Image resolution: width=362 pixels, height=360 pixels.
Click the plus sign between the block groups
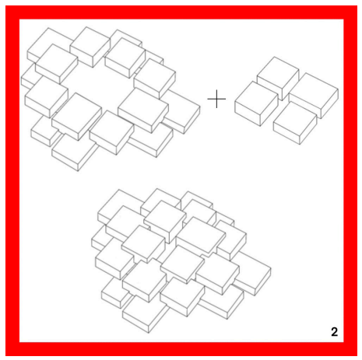point(216,99)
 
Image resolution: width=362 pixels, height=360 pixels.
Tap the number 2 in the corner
point(334,332)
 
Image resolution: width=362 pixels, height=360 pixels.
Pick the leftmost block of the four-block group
point(256,103)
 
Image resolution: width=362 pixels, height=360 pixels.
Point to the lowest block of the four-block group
point(295,123)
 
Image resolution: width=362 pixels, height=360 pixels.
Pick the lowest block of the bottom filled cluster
point(144,315)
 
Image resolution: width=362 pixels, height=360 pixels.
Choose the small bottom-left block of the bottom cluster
point(113,294)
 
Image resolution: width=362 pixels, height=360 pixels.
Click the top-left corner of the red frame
point(5,5)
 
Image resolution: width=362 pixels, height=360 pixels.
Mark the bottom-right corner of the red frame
point(357,356)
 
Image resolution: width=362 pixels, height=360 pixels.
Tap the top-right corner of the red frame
point(357,5)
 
